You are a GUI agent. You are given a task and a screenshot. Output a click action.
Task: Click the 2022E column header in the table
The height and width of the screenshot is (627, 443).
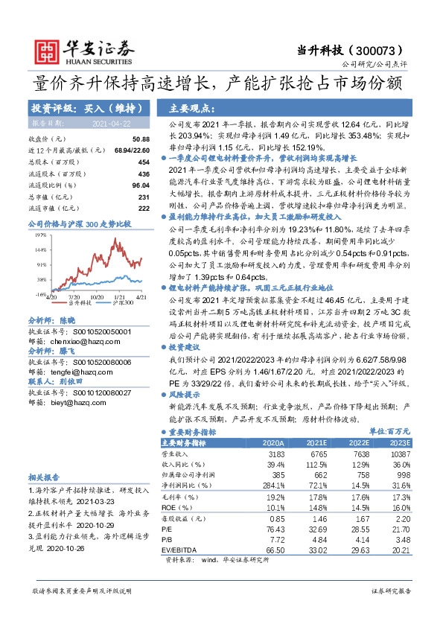340,442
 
